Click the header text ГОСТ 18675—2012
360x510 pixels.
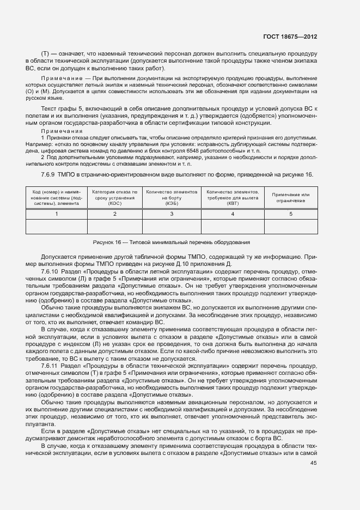coord(289,37)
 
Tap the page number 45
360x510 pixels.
coord(313,463)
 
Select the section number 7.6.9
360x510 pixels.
coord(49,174)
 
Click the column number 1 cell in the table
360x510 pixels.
coord(57,214)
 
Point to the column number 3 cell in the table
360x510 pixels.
coord(171,214)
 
